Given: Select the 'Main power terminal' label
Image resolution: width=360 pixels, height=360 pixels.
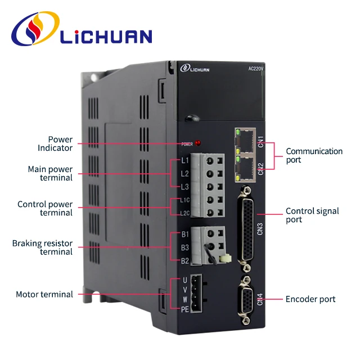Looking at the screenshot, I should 50,173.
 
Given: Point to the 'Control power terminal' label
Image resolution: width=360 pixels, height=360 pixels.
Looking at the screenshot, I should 45,208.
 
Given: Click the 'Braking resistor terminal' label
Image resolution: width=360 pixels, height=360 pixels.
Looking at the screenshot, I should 42,247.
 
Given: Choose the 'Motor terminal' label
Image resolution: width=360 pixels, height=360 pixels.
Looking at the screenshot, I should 44,294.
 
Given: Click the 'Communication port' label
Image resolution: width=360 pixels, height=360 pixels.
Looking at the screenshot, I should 314,155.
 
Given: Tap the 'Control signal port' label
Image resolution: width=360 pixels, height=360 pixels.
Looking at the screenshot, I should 312,215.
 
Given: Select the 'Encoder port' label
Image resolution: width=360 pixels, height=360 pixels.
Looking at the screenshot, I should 310,299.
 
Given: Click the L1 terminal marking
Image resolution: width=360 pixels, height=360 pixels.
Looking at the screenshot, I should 184,160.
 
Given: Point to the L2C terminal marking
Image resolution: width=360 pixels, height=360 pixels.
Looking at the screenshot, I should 184,213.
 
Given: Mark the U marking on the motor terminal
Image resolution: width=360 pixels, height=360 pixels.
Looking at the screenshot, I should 185,280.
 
